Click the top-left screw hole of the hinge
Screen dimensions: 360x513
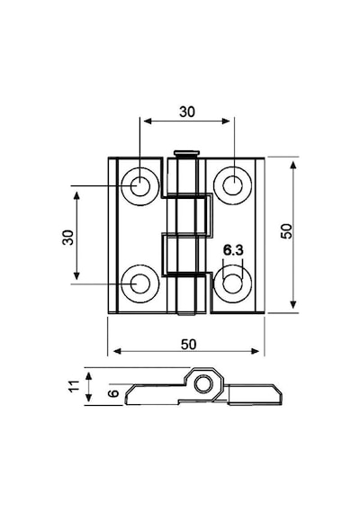[140, 186]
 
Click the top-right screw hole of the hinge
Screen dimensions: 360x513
[233, 185]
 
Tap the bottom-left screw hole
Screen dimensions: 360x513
[140, 283]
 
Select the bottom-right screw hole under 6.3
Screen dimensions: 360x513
[233, 283]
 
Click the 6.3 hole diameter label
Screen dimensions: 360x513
[233, 250]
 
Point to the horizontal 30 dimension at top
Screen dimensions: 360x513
[187, 112]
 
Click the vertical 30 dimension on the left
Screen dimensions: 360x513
[68, 238]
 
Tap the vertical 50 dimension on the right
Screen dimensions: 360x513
[286, 231]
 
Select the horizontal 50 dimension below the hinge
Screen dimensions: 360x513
[188, 344]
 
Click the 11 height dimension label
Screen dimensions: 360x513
[75, 386]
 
